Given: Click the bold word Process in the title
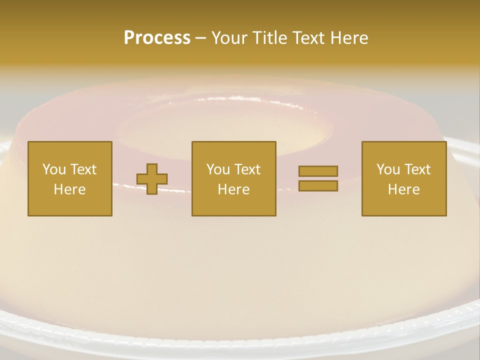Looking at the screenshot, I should click(157, 38).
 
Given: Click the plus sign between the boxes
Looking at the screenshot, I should click(152, 179).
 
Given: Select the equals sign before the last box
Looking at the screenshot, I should click(318, 178).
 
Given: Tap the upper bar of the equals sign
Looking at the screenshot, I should click(318, 171).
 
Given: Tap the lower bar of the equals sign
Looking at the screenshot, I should click(318, 185).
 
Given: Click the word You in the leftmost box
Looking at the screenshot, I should click(54, 169).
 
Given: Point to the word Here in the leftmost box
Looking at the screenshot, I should click(70, 189).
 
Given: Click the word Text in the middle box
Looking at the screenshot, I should click(247, 169).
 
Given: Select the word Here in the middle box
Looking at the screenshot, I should click(234, 189).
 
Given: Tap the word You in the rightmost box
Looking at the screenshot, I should click(388, 169).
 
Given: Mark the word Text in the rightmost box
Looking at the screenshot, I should click(417, 169).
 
